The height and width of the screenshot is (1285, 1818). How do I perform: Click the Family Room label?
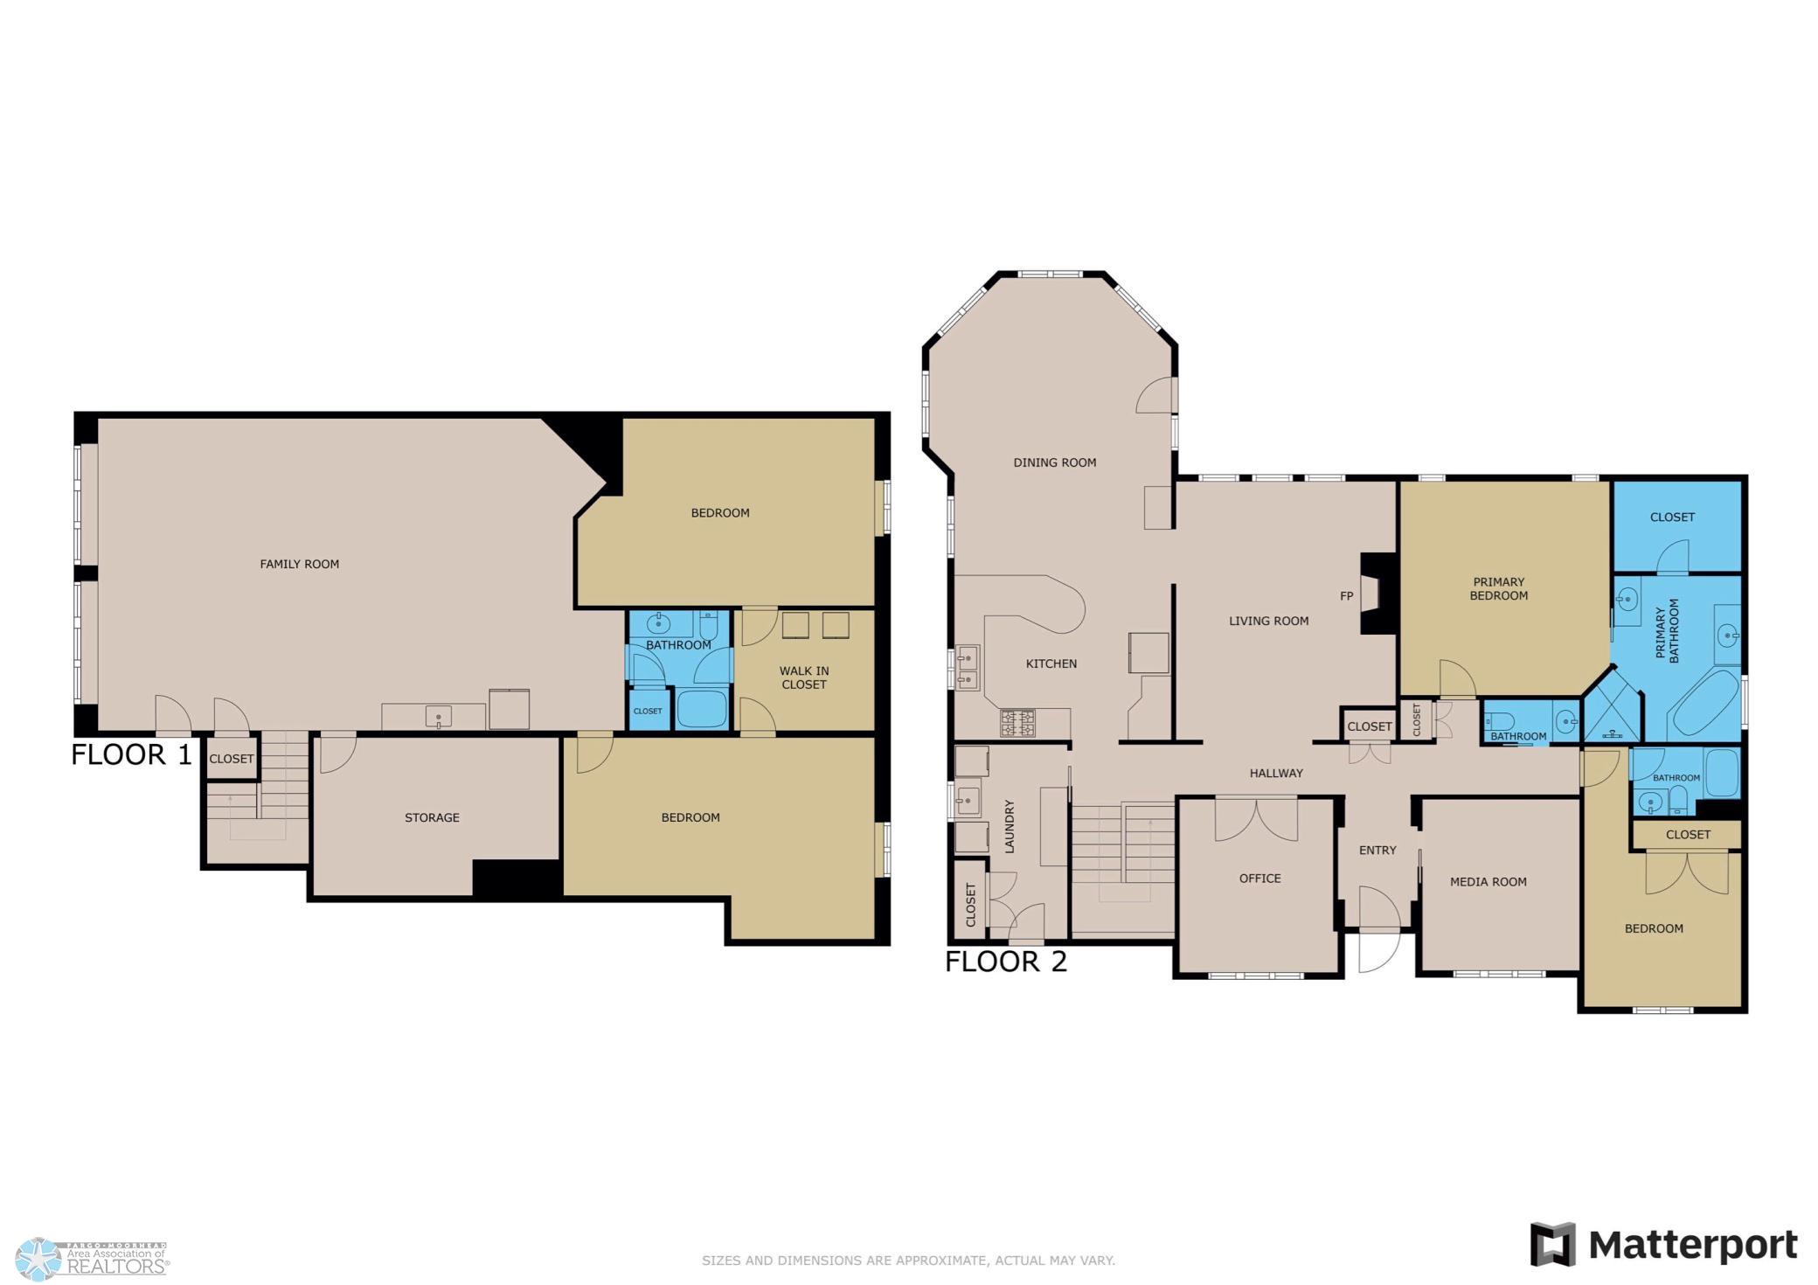pos(299,564)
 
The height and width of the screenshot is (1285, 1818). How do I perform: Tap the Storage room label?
pos(432,817)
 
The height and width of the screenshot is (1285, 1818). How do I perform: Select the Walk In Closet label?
pos(804,677)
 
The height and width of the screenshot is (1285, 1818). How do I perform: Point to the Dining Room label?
pos(1054,462)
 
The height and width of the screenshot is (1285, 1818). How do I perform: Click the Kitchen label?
pos(1051,663)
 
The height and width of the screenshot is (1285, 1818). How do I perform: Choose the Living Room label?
pos(1268,621)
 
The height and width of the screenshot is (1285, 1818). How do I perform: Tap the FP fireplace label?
pos(1346,596)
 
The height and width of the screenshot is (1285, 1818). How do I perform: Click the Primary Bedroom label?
pos(1498,588)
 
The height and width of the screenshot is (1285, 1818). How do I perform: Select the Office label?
pos(1259,878)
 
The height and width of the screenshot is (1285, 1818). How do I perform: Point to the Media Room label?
pos(1488,881)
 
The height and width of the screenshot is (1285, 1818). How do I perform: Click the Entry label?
pos(1377,850)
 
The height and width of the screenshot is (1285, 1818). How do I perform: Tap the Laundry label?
pos(1009,826)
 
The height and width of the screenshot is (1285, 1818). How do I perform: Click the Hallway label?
pos(1276,773)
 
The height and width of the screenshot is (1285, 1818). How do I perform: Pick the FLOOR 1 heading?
pos(131,754)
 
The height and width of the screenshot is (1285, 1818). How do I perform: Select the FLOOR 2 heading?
pos(1006,962)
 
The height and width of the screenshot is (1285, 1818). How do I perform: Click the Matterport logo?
pos(1663,1245)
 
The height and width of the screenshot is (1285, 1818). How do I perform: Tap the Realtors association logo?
pos(92,1259)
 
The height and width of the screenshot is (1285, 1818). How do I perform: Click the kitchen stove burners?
pos(1017,723)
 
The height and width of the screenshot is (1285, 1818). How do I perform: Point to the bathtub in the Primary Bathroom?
pos(1704,704)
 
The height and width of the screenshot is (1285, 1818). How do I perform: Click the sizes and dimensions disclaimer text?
pos(908,1261)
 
